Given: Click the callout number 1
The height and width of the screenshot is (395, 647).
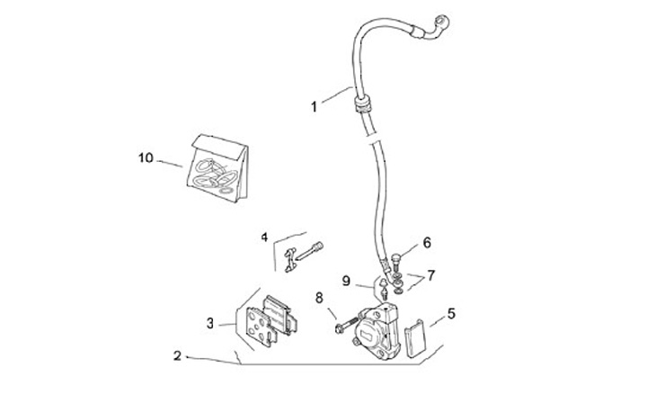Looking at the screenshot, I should [314, 106].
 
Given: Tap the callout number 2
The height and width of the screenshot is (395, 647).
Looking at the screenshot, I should [178, 356].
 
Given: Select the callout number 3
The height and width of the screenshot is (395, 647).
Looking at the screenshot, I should [209, 322].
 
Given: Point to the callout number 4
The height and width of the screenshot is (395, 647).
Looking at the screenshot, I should [265, 237].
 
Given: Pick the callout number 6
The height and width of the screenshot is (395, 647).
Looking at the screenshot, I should [427, 242].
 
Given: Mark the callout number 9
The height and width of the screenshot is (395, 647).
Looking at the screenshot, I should [345, 281].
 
